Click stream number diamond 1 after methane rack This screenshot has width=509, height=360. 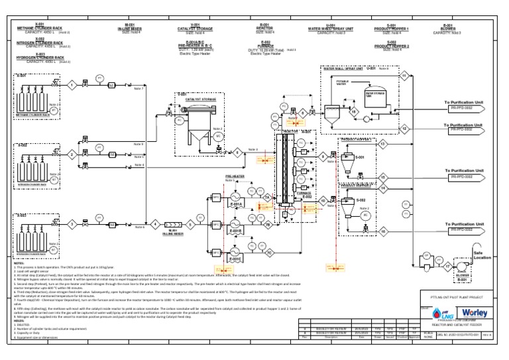tap(71, 84)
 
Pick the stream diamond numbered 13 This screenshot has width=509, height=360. tap(383, 143)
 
